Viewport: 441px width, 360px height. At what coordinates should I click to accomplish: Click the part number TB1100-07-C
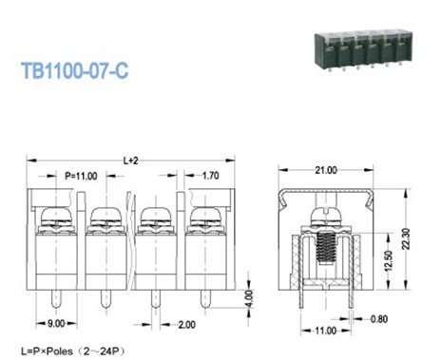coord(75,70)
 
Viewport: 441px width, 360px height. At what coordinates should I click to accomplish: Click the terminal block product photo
coord(364,49)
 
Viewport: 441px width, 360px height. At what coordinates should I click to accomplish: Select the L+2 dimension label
coord(131,161)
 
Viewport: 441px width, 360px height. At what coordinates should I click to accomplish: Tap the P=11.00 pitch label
coord(81,176)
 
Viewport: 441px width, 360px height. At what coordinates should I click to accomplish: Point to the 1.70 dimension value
coord(211,176)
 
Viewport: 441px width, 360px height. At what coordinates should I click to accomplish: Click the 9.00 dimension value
coord(56,324)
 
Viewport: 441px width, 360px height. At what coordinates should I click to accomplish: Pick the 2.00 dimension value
coord(186,325)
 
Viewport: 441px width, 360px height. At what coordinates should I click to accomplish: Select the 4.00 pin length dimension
coord(250,298)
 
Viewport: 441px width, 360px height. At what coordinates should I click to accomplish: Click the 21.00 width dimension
coord(326,170)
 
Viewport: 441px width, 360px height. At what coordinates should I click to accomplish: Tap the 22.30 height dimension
coord(406,239)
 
